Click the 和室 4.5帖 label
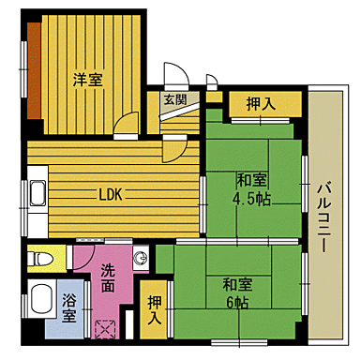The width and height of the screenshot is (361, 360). point(252,187)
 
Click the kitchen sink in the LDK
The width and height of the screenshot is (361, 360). point(37,196)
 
